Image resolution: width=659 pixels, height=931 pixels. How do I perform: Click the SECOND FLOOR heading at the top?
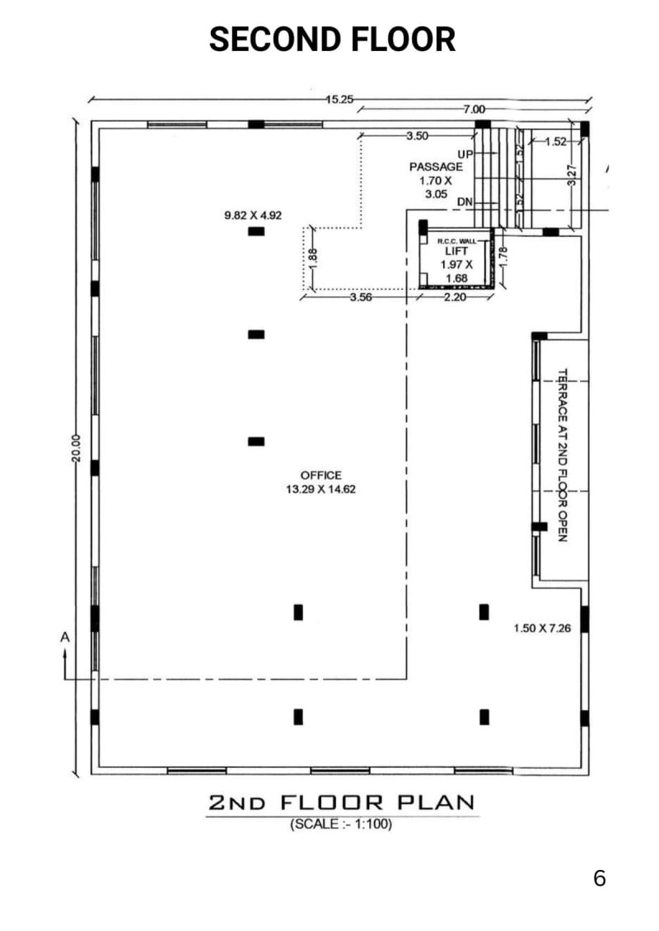point(332,40)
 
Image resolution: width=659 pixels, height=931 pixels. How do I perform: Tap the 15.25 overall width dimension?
point(339,99)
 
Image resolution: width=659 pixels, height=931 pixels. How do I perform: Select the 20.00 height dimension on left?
point(75,448)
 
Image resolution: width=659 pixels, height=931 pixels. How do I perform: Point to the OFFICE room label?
point(320,475)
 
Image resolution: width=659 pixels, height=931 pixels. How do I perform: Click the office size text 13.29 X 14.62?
point(320,489)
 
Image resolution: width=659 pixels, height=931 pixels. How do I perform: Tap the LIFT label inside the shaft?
point(456,251)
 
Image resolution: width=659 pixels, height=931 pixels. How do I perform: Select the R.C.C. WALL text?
point(456,240)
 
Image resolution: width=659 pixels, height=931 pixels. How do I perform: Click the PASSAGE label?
point(436,166)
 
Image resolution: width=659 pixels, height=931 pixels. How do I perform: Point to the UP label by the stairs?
point(465,154)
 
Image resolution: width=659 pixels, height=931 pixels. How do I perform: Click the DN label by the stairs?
point(465,202)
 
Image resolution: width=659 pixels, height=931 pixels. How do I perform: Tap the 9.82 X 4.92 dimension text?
point(253,216)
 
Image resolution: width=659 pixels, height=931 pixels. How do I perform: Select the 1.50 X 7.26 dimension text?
point(540,628)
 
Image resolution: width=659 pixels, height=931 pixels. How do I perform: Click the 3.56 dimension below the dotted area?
point(361,298)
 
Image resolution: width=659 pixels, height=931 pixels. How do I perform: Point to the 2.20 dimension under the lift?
point(455,298)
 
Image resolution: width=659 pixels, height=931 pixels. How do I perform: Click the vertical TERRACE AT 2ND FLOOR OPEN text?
point(563,454)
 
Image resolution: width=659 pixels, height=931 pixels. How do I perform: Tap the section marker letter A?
point(64,637)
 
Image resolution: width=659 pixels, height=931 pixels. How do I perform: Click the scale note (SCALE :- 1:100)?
point(341,824)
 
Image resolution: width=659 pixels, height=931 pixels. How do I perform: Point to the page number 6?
point(599,878)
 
